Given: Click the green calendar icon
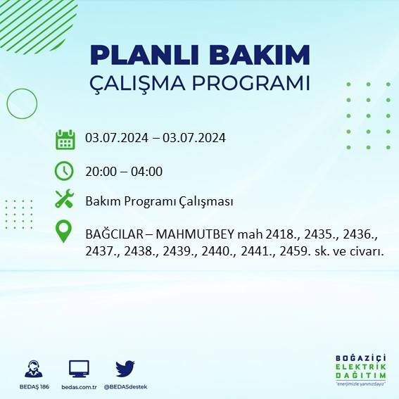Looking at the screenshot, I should tap(65, 139).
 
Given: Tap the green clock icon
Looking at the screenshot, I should tap(65, 170).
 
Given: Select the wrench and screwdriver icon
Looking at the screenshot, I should tap(65, 200).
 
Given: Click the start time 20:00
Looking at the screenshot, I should tap(101, 171).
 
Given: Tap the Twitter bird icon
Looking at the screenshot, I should tap(125, 369).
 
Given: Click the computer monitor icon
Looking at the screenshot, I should tap(79, 369).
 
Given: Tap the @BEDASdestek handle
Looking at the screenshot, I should tap(125, 387).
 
